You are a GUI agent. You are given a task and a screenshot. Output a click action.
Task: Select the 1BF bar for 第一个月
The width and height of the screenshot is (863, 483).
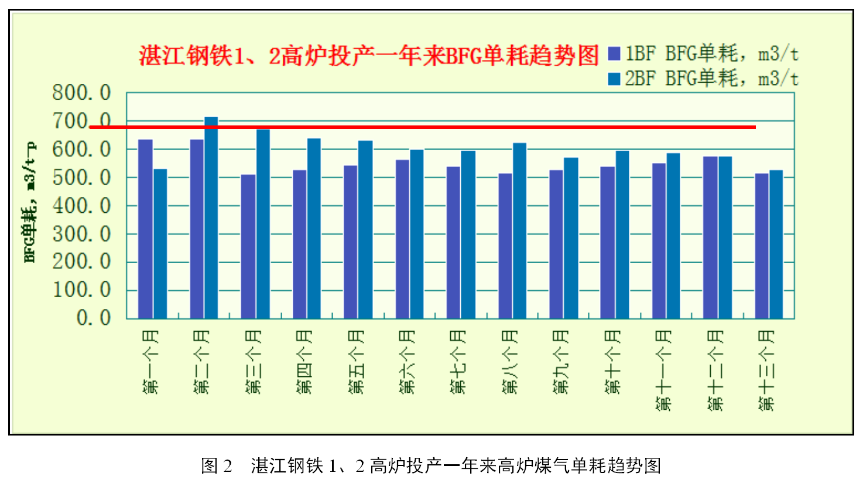coord(145,229)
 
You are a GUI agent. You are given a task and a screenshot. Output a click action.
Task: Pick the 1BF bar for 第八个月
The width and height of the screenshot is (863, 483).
coord(505,246)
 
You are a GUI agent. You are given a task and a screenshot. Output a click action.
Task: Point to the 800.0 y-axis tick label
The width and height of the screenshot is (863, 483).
coord(81,93)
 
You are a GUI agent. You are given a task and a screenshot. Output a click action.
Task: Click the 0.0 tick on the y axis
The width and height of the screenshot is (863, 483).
coord(94,318)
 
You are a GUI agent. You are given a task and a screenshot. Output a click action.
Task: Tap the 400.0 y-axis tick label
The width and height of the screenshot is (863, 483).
coord(81,206)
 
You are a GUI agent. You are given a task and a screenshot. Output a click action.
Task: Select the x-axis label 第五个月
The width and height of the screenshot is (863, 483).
coord(357,361)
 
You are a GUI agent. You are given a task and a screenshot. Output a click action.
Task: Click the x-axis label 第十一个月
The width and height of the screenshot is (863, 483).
coord(663,369)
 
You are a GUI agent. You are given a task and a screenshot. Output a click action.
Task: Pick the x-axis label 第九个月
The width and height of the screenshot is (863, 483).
coord(560,361)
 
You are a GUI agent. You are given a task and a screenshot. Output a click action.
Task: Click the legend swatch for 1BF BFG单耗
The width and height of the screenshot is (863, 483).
coord(614,54)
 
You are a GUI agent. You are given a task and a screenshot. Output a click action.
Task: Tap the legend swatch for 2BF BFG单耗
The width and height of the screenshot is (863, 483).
coord(614,79)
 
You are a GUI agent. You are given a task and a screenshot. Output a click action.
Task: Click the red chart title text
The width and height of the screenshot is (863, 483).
coord(369,56)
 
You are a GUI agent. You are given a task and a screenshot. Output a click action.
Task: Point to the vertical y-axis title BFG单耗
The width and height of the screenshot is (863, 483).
coord(30,202)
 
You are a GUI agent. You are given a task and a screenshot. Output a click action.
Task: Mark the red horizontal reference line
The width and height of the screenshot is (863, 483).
coord(422,127)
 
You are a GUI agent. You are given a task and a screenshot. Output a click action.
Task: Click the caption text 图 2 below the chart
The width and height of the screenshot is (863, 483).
coord(217,466)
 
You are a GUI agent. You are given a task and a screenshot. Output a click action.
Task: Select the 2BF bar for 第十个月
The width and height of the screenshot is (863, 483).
coord(622,235)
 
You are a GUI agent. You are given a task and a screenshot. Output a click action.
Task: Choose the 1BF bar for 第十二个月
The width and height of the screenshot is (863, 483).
coord(710,237)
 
